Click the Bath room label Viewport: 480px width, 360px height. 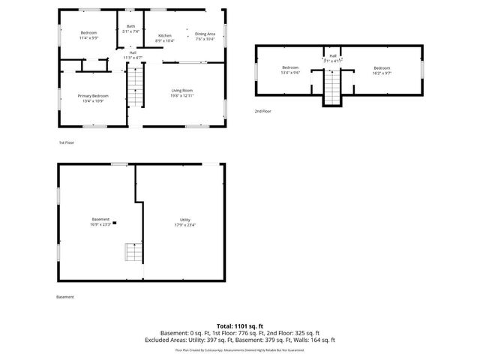pos(131,26)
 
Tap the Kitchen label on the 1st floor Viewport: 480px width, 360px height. pos(164,35)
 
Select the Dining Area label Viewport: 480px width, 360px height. pos(205,34)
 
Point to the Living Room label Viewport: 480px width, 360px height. pos(182,91)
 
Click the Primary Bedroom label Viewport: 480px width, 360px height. pos(94,95)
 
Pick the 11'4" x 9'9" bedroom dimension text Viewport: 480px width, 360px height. pos(89,37)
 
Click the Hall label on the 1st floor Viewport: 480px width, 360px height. pos(132,52)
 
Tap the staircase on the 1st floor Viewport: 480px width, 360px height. pos(134,85)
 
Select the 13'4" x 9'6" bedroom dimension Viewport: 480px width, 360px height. pos(290,73)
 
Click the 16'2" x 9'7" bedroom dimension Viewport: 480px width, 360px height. pos(382,73)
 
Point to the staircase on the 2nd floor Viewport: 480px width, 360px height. pos(332,87)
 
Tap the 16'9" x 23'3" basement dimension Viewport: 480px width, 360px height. pos(100,224)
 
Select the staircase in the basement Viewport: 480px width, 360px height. pos(133,252)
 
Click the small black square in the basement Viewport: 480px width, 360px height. pos(114,223)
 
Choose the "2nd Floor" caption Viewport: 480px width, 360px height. pos(262,111)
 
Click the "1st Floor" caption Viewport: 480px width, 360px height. pos(67,142)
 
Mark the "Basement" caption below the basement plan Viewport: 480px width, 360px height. pos(65,297)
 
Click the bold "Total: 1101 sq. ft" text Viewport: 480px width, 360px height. pos(240,325)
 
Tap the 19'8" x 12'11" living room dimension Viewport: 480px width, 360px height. pos(182,96)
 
